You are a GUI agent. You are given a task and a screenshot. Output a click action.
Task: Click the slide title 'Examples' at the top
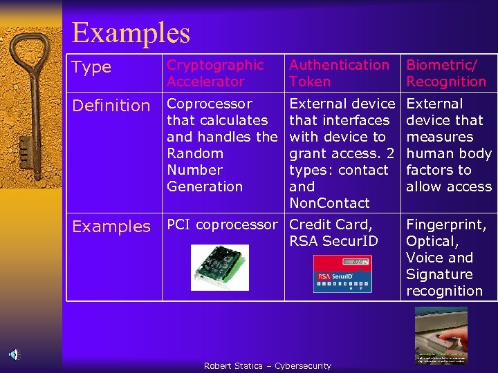[131, 32]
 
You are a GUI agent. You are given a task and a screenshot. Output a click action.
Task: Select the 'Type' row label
[91, 67]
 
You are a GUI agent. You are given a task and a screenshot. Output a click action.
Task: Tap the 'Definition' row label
[111, 106]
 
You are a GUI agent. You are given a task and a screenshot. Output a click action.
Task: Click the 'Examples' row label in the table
[111, 227]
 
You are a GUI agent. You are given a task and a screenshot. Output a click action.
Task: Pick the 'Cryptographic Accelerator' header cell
[215, 73]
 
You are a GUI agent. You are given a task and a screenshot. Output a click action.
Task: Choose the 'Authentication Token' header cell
[339, 73]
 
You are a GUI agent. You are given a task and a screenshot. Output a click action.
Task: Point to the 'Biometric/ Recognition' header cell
[446, 73]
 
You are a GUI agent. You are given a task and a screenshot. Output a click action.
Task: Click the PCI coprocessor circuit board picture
[219, 268]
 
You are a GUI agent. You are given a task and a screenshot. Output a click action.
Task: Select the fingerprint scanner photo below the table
[441, 335]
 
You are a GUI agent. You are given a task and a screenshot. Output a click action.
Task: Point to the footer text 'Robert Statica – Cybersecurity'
[267, 365]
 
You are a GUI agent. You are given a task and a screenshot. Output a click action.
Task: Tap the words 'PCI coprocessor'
[222, 224]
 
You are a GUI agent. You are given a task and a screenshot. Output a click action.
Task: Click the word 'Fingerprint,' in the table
[446, 224]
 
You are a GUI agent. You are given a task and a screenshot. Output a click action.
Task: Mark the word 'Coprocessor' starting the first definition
[210, 104]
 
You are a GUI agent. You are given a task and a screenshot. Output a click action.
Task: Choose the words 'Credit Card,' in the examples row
[331, 224]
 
